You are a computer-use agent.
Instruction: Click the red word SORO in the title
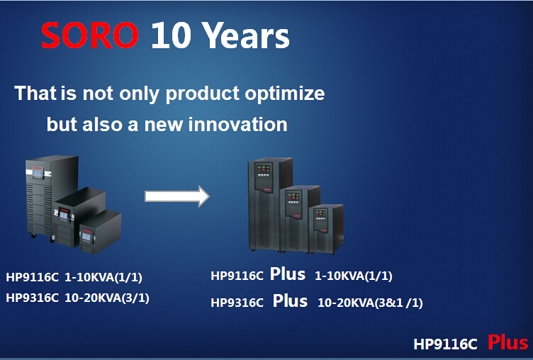90,35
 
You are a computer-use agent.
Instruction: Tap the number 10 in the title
171,35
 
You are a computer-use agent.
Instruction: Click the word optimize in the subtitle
284,94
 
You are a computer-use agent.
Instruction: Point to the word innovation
238,125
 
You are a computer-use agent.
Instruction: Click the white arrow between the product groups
176,196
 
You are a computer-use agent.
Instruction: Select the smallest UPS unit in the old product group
100,232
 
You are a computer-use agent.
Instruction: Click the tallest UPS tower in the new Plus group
269,204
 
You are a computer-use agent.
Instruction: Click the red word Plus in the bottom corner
507,342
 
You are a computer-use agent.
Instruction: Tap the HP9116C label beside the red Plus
445,344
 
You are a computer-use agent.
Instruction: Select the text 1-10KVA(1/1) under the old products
103,277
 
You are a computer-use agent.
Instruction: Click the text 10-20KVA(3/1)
107,298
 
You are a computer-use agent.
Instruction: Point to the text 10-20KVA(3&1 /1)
370,303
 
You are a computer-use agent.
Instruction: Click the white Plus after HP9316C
290,301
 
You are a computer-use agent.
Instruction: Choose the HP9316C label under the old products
33,298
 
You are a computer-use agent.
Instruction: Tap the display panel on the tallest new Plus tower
263,170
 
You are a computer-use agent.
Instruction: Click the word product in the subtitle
203,94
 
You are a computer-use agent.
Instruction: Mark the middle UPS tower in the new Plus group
300,219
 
